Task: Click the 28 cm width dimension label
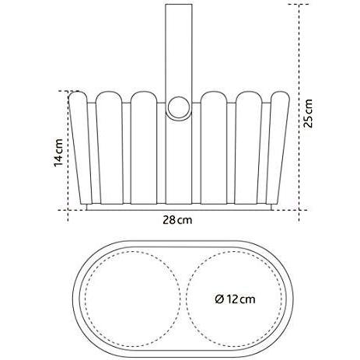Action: (177, 220)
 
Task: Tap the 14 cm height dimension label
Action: (58, 153)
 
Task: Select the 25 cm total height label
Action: (309, 114)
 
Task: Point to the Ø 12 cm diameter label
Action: (235, 299)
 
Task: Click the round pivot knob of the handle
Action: (179, 107)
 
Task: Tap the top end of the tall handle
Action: (179, 5)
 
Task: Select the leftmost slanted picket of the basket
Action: (80, 148)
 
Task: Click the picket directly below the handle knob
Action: (179, 161)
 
